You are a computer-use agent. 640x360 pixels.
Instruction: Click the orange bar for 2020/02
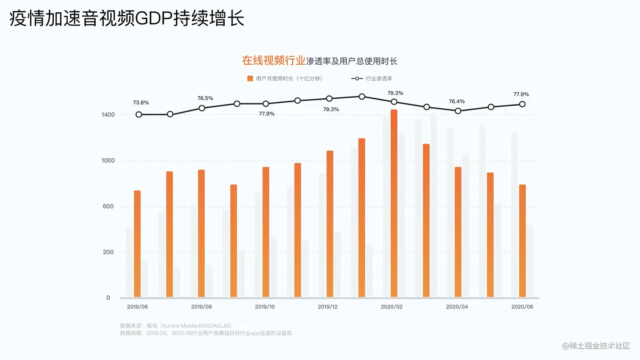tap(394, 203)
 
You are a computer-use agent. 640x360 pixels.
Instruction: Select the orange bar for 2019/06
tap(137, 244)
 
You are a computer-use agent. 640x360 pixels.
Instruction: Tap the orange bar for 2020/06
tap(522, 241)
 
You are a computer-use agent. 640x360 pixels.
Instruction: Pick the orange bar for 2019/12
tap(330, 224)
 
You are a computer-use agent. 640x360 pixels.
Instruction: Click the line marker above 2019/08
tap(202, 108)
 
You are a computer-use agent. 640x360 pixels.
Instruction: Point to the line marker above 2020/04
tap(458, 111)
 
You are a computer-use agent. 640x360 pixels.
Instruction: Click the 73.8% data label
tap(141, 102)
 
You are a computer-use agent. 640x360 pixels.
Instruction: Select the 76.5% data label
tap(205, 98)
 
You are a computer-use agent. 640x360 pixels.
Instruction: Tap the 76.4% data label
tap(457, 102)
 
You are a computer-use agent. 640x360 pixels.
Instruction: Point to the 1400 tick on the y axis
tap(108, 115)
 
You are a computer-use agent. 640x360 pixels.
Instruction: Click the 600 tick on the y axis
tap(108, 206)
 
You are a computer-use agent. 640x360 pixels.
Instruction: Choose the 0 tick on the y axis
tap(108, 298)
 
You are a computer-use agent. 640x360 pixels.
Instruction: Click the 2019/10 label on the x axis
tap(265, 307)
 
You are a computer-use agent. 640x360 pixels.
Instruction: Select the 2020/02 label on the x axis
tap(392, 307)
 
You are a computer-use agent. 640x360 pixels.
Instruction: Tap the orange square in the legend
tap(250, 79)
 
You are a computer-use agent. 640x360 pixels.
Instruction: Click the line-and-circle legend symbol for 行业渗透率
tap(357, 79)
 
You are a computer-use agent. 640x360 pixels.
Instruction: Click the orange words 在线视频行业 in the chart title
tap(273, 60)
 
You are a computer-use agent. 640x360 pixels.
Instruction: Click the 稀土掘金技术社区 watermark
tap(596, 346)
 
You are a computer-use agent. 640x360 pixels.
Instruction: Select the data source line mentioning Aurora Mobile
tap(176, 326)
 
